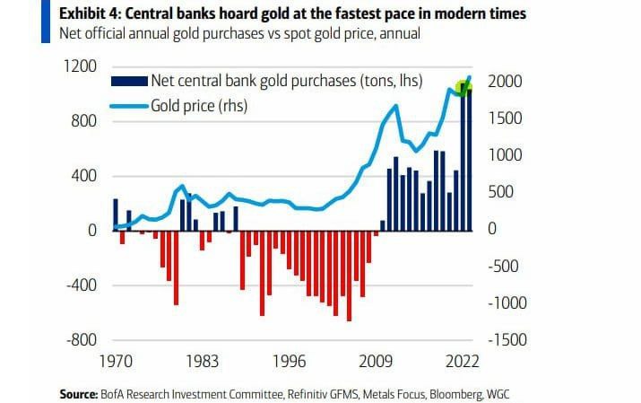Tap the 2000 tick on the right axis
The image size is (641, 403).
(x=504, y=82)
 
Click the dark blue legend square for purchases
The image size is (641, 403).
(x=116, y=81)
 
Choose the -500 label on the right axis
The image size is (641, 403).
(x=504, y=266)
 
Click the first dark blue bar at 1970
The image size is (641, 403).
(x=116, y=215)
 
